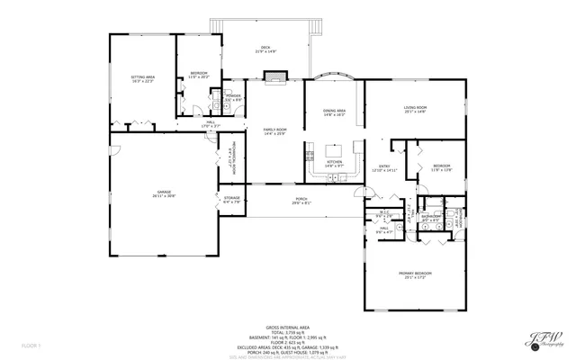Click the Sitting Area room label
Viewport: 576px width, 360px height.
point(142,80)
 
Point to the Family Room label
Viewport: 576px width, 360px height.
point(274,131)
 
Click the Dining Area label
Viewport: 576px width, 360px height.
point(334,112)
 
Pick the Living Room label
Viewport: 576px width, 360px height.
point(415,109)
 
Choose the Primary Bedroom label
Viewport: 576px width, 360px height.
point(415,274)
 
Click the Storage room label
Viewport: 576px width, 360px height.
point(232,199)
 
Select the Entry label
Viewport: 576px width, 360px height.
point(383,167)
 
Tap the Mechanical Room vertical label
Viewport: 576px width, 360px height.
point(231,159)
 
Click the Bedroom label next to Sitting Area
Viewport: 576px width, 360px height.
point(199,75)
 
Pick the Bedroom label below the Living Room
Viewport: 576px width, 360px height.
point(441,167)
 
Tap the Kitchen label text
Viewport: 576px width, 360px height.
point(334,165)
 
